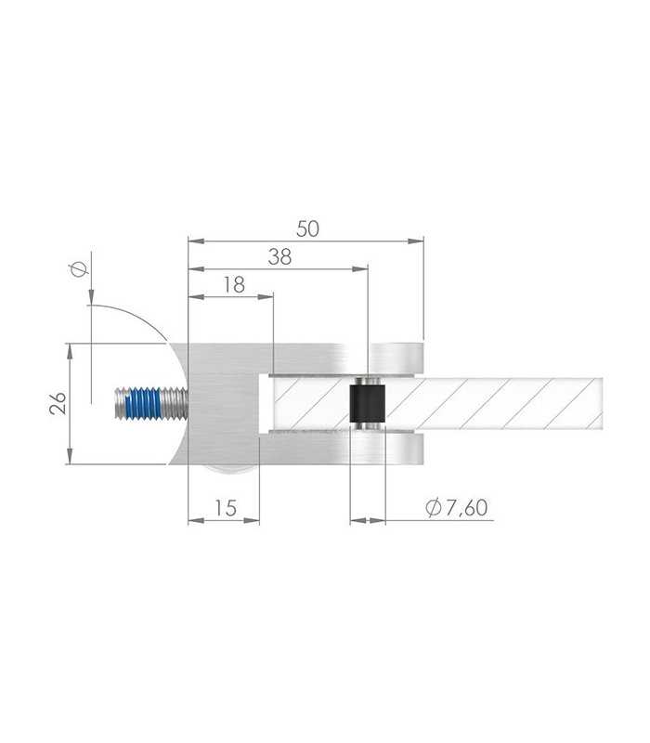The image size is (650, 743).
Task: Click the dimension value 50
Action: pyautogui.click(x=308, y=228)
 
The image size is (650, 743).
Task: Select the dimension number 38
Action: pyautogui.click(x=279, y=257)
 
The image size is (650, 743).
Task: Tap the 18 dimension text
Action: pyautogui.click(x=234, y=285)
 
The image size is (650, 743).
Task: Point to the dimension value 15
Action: pyautogui.click(x=226, y=508)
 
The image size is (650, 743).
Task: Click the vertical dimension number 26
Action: pyautogui.click(x=58, y=403)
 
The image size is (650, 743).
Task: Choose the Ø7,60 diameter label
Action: pyautogui.click(x=456, y=507)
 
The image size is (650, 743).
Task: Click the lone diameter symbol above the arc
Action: pyautogui.click(x=79, y=269)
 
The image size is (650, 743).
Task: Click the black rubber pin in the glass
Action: pyautogui.click(x=367, y=403)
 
